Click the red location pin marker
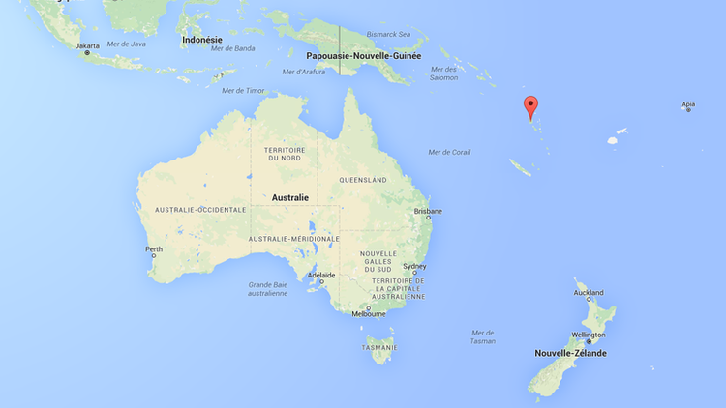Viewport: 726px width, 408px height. click(x=529, y=106)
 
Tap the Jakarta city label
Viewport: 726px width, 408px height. click(x=87, y=45)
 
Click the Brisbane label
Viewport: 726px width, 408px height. click(x=428, y=211)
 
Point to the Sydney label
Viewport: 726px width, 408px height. click(x=414, y=266)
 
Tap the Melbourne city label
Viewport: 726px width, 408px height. click(x=369, y=313)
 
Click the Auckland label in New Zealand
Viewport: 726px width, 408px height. click(x=589, y=292)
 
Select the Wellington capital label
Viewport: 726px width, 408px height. click(x=588, y=335)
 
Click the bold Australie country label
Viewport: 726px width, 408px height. click(x=290, y=197)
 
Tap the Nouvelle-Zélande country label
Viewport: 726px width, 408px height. click(x=571, y=353)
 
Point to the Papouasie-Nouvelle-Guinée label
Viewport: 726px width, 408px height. click(x=364, y=55)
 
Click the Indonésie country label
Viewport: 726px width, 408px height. click(x=202, y=40)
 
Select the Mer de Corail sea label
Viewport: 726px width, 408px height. click(x=449, y=152)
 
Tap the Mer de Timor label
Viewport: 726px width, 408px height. click(x=243, y=90)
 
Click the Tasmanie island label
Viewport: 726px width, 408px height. click(x=378, y=347)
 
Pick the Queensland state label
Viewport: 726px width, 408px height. click(x=363, y=180)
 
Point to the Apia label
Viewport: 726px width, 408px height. click(x=688, y=104)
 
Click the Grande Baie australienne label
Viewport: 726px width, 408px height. click(x=268, y=288)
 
